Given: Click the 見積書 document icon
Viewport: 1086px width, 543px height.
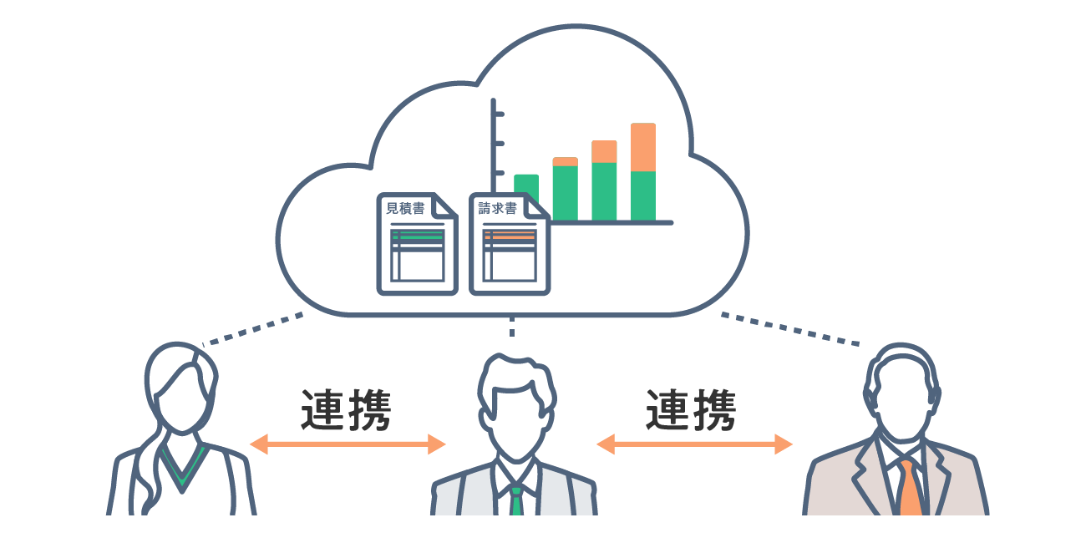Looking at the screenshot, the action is (417, 244).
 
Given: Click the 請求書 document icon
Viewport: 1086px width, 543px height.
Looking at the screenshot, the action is (509, 244).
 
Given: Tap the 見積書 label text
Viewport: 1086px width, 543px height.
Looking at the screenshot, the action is (405, 209).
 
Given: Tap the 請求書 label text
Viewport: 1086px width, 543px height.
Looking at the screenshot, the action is (497, 209).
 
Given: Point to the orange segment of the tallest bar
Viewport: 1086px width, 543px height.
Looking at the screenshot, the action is (643, 147).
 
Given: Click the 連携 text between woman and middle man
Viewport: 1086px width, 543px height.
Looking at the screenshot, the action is (346, 409).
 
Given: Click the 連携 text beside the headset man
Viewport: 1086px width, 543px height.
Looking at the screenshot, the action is (691, 409).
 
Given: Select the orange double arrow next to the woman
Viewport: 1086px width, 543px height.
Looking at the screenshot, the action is (348, 444).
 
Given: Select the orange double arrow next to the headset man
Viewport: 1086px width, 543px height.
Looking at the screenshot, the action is (694, 444).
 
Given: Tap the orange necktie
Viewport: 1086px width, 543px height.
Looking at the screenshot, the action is (909, 487).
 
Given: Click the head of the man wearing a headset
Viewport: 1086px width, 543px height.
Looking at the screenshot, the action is (901, 393).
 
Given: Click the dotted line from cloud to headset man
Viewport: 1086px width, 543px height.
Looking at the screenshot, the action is (790, 329).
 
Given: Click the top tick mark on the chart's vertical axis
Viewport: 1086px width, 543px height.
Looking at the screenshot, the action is (499, 114).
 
